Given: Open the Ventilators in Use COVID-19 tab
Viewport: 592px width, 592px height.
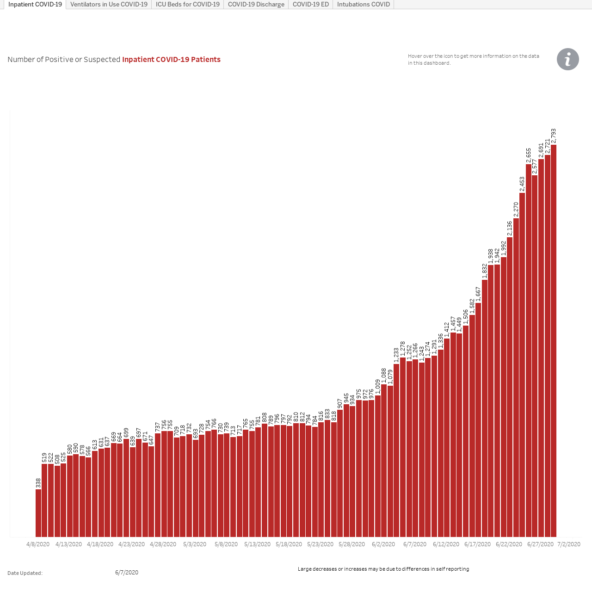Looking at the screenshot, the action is coord(109,4).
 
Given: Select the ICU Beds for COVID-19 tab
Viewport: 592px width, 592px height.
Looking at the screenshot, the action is coord(187,4).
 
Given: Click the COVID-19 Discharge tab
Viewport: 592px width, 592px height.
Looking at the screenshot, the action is coord(256,4).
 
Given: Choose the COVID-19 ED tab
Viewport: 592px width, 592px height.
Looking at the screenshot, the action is coord(311,4).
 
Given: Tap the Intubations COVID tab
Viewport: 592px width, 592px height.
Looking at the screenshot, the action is coord(363,4).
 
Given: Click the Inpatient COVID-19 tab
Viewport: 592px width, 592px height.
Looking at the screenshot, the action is coord(35,4).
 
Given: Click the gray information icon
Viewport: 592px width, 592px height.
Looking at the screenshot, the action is coord(568,59).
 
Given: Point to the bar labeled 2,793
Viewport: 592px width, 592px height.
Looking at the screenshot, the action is coord(554,341).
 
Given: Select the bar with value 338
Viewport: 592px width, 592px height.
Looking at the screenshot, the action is coord(38,513).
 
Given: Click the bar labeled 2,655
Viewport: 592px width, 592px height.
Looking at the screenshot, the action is coord(529,351).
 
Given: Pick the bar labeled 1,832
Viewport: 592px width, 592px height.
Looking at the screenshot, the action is coord(485,408).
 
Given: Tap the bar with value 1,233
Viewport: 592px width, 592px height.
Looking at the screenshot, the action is coord(396,450).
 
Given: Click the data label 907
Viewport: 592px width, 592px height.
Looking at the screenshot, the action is coord(340,403).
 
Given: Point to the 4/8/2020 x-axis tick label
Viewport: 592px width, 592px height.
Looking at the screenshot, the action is coord(38,544).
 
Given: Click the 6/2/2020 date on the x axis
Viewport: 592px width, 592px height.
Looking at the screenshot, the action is coord(383,544).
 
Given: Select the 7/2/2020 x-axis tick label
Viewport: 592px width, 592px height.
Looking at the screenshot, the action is coord(569,544).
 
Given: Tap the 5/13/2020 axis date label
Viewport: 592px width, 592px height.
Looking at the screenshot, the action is coord(258,544).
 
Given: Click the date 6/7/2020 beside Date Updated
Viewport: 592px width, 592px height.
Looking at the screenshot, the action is coord(127,572).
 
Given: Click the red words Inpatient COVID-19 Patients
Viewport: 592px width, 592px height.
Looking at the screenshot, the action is coord(172,59).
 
